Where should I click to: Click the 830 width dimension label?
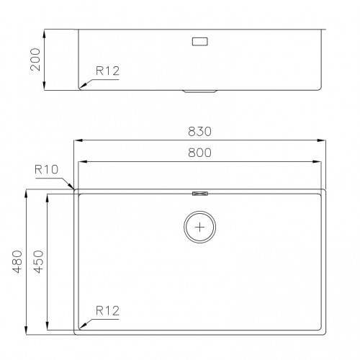[199, 132]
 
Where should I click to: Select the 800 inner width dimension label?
[199, 153]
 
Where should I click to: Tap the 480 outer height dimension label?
[17, 261]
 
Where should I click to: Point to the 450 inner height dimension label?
[38, 261]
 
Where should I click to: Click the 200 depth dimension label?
[35, 59]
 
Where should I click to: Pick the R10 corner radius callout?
[46, 169]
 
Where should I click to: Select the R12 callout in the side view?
[107, 71]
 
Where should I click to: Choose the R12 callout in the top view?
[107, 311]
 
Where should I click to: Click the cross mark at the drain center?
[199, 227]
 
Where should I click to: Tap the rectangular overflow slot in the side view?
[199, 42]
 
